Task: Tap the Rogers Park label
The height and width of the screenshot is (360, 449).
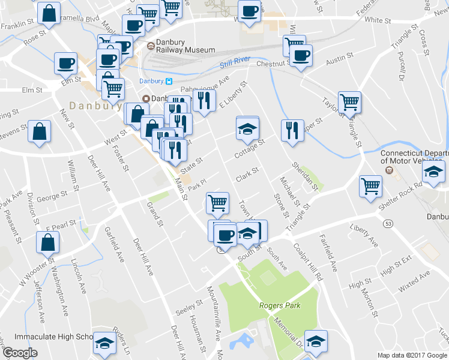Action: click(279, 305)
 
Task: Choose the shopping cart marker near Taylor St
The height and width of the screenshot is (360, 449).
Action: click(349, 102)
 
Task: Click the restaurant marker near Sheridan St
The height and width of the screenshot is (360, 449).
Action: click(292, 131)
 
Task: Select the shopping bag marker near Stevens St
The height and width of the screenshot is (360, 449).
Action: click(40, 133)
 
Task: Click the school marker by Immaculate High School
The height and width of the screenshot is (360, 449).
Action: click(105, 343)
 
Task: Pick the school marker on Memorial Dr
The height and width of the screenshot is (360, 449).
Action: click(316, 341)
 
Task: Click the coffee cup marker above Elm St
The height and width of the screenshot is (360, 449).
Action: click(66, 62)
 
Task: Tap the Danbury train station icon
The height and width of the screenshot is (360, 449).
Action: click(169, 82)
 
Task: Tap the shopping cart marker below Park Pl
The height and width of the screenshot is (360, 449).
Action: click(217, 202)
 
